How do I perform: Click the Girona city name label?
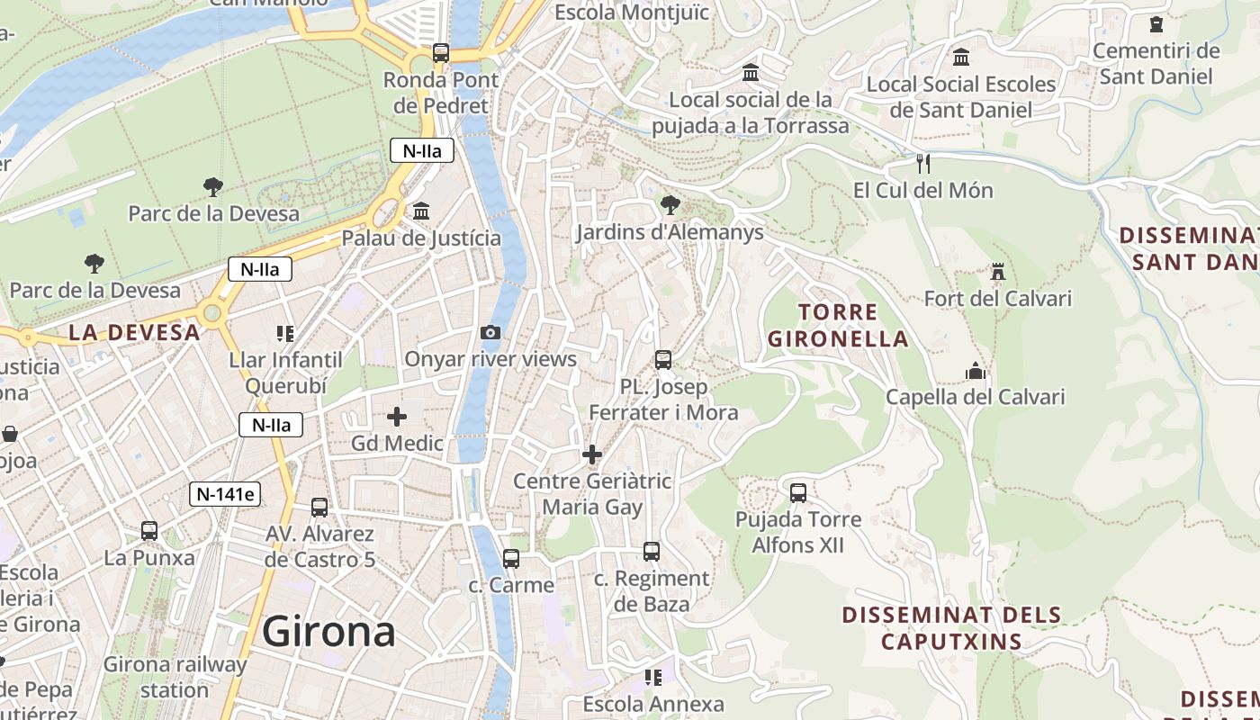pos(328,632)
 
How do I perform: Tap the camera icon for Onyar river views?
pos(490,333)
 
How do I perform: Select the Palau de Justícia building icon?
pos(420,211)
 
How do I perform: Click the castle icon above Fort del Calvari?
pos(997,272)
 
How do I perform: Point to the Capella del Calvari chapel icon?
pos(976,371)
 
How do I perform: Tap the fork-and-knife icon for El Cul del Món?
pos(922,164)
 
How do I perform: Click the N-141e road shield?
pos(225,493)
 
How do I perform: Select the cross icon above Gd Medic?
pos(397,417)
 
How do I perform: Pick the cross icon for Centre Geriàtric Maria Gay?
pos(592,454)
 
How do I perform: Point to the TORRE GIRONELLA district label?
pos(837,326)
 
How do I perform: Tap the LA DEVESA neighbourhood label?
pos(135,332)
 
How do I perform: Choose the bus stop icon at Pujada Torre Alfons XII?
pos(798,493)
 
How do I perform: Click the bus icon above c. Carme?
pos(511,559)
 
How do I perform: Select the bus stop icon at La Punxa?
pos(149,531)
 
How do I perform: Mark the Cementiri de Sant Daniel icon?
pos(1156,24)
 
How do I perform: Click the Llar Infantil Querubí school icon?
pos(285,334)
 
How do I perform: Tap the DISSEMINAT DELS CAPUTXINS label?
pos(951,628)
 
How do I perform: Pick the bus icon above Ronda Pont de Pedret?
pos(440,53)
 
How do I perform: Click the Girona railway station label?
pos(175,677)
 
